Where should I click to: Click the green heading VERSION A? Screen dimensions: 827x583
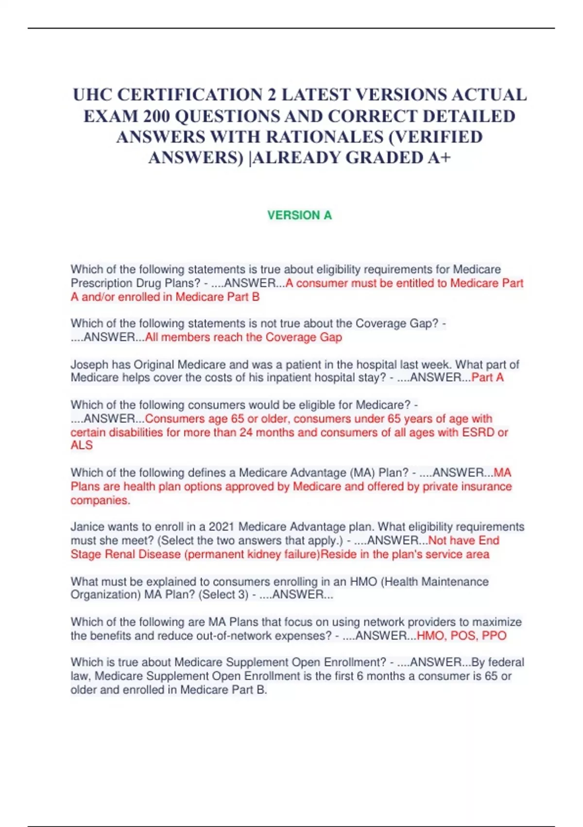click(299, 215)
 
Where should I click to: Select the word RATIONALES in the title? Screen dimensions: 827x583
click(325, 137)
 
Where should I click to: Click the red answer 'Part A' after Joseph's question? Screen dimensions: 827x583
click(487, 378)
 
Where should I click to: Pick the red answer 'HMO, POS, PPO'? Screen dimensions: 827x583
click(462, 635)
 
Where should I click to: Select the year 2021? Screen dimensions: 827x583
click(221, 527)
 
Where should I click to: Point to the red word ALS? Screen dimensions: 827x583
click(82, 445)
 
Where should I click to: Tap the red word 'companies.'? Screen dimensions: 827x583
click(101, 500)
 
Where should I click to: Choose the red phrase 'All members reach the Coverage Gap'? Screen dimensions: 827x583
click(243, 337)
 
